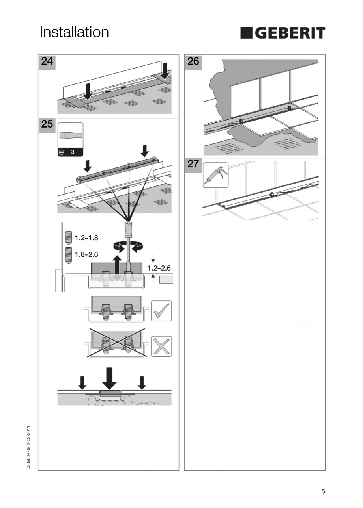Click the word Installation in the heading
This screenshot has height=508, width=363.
coord(74,32)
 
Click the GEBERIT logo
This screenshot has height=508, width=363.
coord(283,33)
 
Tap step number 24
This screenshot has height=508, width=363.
coord(47,61)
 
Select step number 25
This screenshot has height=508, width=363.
coord(47,124)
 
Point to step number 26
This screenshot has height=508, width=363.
coord(193,61)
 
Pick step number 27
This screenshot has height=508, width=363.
coord(193,164)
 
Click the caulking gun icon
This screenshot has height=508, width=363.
coord(215,175)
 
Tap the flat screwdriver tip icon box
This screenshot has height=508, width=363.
coord(70,139)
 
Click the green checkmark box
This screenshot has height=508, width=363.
coord(161,311)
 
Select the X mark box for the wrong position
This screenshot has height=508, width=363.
coord(161,347)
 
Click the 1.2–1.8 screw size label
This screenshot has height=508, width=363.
coord(86,238)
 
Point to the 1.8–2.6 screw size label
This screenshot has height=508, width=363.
coord(86,254)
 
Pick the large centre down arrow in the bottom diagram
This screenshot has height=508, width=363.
coord(109,378)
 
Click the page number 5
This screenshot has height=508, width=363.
coord(323,491)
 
